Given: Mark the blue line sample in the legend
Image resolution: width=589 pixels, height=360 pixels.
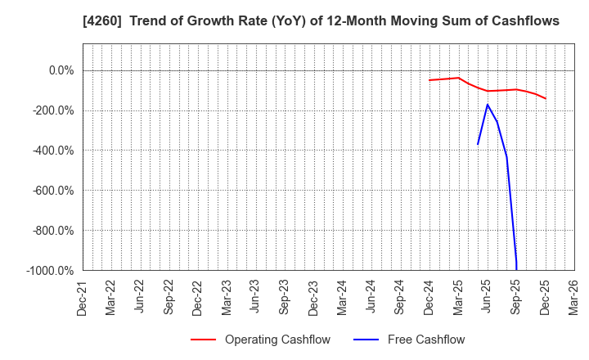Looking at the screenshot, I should click(x=367, y=340).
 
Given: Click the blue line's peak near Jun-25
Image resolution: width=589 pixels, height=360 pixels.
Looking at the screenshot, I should click(x=488, y=105).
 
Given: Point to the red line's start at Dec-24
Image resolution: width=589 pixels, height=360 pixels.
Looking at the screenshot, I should click(x=429, y=80).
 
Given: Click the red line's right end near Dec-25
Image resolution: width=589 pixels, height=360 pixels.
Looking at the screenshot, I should click(x=545, y=98).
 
